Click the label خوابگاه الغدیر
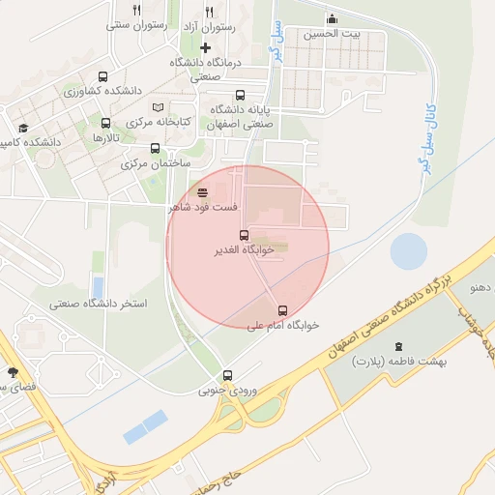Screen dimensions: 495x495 tap(244, 249)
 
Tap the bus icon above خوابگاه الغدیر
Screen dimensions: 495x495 tap(244, 235)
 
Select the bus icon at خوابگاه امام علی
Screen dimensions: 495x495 tap(282, 310)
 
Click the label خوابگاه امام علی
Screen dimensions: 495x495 tap(282, 326)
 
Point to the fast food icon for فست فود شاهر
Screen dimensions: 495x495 tap(202, 191)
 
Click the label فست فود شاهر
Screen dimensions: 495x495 tap(204, 207)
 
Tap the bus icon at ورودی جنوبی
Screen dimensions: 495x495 tap(228, 375)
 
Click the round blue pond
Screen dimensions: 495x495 tap(409, 251)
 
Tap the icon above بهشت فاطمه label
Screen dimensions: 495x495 tap(397, 346)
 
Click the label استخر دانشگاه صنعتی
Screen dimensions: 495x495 tap(101, 304)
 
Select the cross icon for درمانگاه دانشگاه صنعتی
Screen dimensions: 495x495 tap(205, 47)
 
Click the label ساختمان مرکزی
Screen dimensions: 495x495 tap(154, 164)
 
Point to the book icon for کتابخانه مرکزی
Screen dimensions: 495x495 tap(159, 106)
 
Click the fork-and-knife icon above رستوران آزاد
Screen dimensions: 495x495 tap(209, 12)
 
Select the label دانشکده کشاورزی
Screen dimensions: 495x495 tap(103, 91)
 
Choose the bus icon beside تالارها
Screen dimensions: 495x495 tap(106, 123)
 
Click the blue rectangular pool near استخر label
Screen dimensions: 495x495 tap(98, 287)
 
